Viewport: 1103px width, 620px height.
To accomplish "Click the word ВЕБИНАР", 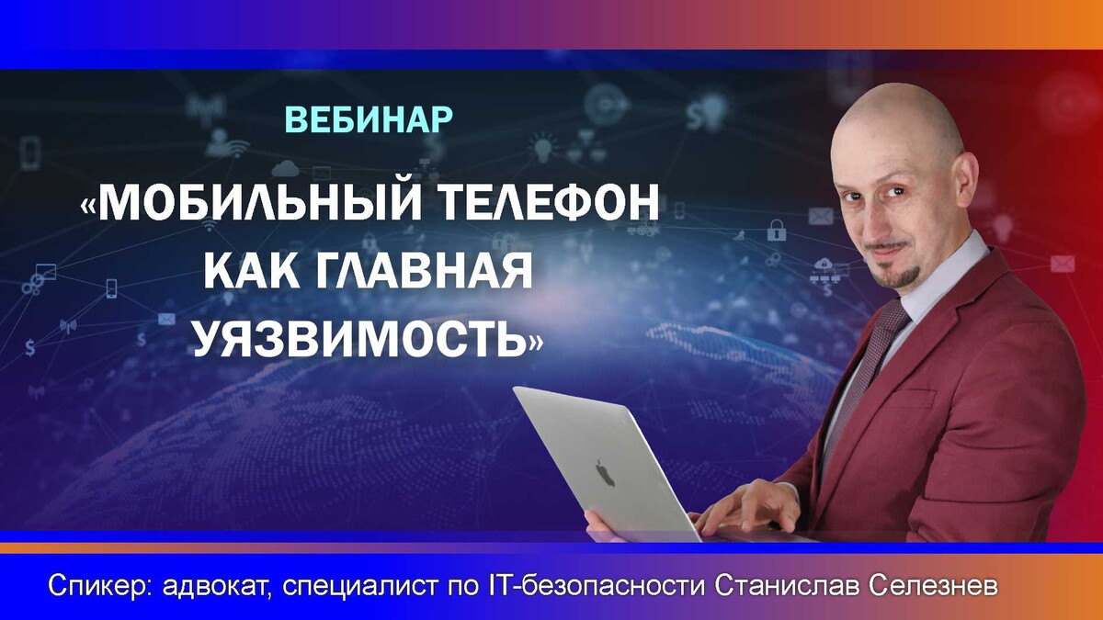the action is [369, 119].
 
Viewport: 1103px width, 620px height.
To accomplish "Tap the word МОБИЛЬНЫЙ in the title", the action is [259, 202].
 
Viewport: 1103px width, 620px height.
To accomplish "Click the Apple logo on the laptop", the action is [605, 472].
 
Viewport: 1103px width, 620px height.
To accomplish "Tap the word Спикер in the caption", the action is [101, 586].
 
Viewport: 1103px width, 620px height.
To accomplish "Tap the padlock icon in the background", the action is [777, 230].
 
